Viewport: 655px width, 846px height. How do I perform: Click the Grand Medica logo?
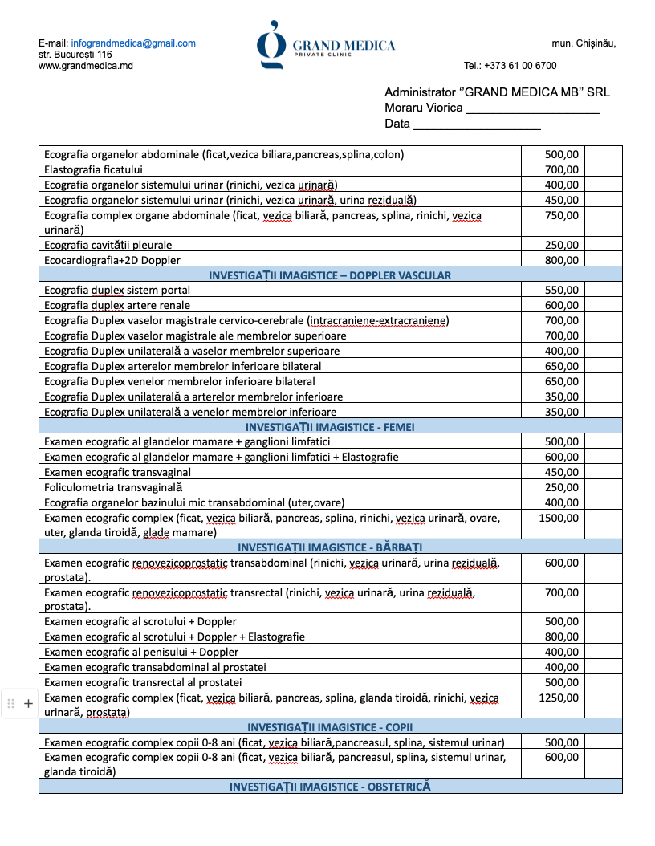(x=325, y=45)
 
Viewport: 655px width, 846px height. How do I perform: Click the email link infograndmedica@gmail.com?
(x=133, y=43)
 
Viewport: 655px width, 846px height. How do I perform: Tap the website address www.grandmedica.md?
(x=86, y=66)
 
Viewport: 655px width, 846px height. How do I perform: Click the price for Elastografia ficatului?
(x=561, y=169)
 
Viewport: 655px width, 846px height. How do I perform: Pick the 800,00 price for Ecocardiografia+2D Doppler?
(x=561, y=260)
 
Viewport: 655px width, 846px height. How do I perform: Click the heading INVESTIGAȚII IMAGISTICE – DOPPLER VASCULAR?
(x=330, y=275)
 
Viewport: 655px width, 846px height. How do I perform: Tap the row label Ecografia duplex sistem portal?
(x=117, y=291)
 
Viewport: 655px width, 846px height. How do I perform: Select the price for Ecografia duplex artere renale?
(x=561, y=306)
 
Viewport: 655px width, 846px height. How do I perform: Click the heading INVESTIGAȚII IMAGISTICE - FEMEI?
(x=330, y=427)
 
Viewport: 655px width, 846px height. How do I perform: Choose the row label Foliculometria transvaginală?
(x=113, y=487)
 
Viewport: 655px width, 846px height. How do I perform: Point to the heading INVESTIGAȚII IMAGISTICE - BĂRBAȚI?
(x=330, y=547)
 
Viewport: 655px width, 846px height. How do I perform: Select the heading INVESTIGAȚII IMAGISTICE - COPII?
(x=330, y=727)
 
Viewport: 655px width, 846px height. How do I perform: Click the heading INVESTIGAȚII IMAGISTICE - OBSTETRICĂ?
(x=330, y=787)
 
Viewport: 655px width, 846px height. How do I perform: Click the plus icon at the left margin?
(x=28, y=703)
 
